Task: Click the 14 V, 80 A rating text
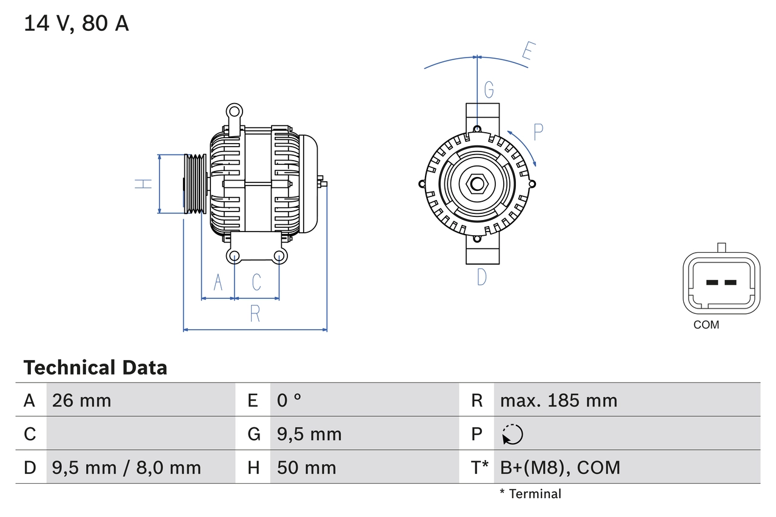[76, 24]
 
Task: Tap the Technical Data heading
[95, 368]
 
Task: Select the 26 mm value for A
[82, 401]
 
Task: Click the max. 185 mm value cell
[558, 401]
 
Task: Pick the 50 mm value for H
[306, 467]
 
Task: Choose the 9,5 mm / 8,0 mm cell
[127, 467]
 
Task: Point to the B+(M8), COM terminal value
[560, 467]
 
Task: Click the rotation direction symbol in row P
[512, 434]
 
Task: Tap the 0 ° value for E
[289, 401]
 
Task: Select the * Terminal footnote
[530, 494]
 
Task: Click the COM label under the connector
[706, 325]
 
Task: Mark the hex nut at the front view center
[477, 184]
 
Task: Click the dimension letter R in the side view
[255, 314]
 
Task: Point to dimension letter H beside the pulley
[144, 184]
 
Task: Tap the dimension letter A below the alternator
[218, 282]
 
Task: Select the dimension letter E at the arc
[527, 53]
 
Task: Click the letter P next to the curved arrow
[538, 132]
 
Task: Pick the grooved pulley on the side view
[195, 184]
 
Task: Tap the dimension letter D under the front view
[482, 277]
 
